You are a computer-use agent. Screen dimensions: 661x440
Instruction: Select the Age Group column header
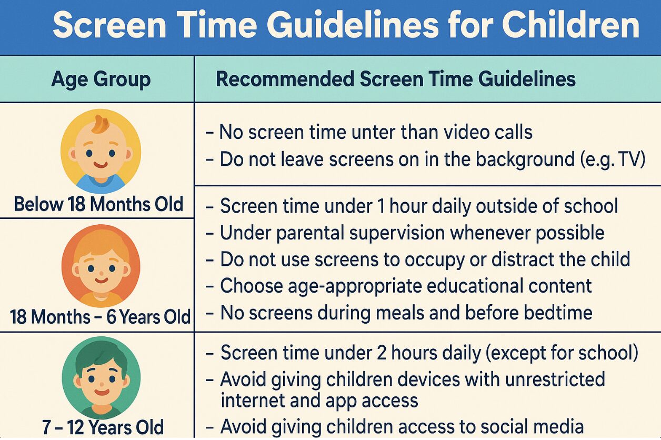tap(101, 79)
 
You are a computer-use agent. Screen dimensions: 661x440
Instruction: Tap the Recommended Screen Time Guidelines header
tap(396, 79)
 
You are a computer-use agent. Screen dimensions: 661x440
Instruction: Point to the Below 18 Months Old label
tap(98, 204)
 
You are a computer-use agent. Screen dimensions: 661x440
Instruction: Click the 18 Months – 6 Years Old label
tap(100, 317)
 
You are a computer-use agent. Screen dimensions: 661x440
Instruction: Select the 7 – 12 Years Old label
tap(103, 427)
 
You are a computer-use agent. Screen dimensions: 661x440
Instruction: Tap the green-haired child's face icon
tap(101, 378)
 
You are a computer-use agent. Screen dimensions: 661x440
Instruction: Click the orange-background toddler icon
tap(101, 266)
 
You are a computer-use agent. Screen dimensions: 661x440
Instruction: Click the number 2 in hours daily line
tap(381, 353)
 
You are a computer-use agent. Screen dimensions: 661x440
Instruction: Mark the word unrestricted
tap(555, 379)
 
